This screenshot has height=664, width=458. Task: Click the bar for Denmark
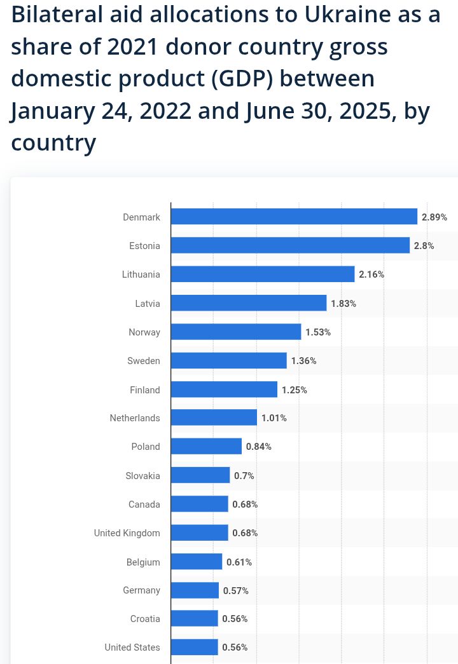[294, 217]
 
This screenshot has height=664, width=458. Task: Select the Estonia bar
[290, 245]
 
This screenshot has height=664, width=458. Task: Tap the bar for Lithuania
[263, 274]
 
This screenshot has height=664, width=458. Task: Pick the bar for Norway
[236, 332]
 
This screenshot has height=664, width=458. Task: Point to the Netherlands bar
[214, 417]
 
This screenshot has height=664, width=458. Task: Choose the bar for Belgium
[197, 562]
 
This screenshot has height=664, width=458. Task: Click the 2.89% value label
[434, 217]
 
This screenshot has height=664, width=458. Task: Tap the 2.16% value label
[371, 274]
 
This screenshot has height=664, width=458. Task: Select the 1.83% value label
[343, 304]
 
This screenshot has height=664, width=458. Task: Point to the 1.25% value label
[295, 390]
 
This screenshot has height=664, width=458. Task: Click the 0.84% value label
[259, 447]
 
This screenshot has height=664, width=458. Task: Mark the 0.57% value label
[236, 591]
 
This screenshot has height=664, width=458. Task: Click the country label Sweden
[144, 361]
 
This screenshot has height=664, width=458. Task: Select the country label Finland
[145, 390]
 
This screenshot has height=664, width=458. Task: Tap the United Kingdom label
[127, 533]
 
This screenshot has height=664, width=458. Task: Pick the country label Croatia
[146, 619]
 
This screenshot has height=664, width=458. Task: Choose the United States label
[132, 647]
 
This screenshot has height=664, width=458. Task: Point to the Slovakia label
[143, 475]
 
